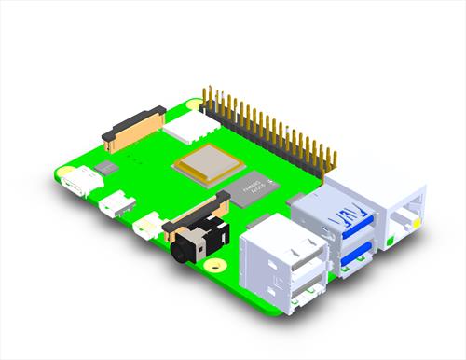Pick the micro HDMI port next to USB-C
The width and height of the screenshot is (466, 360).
coord(116,201)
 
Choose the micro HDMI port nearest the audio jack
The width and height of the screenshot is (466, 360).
coord(147,224)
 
